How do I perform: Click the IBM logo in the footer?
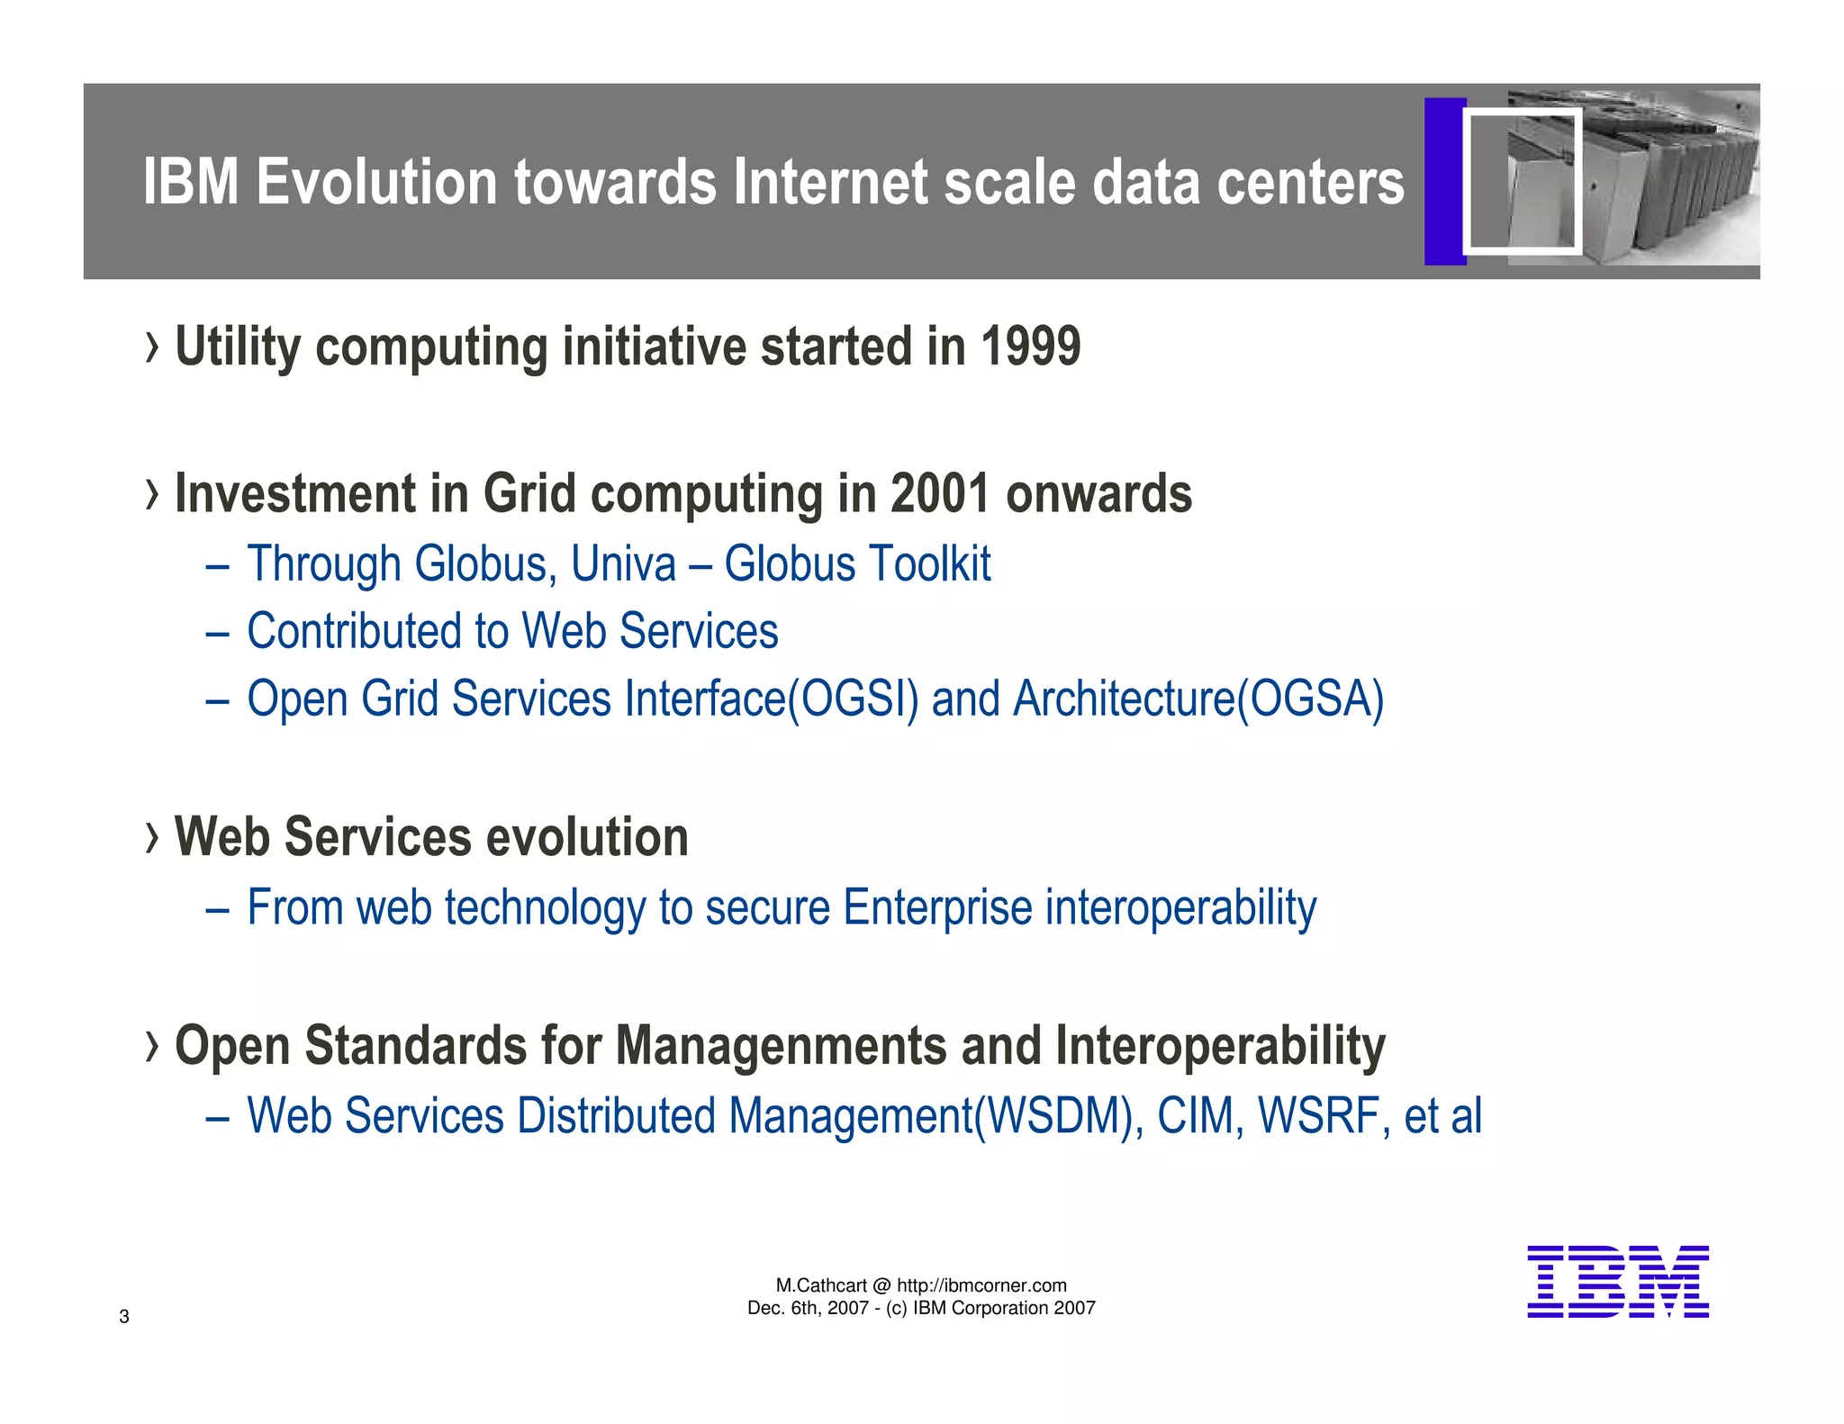(1617, 1282)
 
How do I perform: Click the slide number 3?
(124, 1317)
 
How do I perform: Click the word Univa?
(623, 564)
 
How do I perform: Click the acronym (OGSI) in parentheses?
(853, 699)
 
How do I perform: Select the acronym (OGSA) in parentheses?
(1310, 699)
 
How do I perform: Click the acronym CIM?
(1195, 1116)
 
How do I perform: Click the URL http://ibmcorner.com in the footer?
(981, 1285)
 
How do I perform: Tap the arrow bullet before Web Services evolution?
(152, 838)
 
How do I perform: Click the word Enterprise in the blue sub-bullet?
(937, 907)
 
